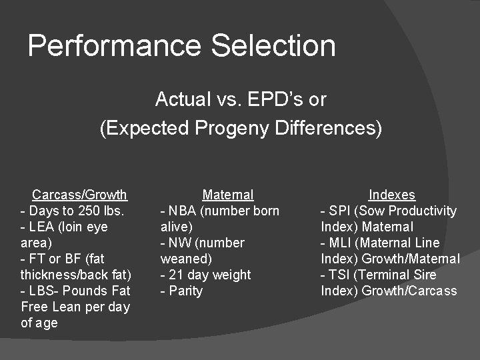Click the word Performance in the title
pos(115,46)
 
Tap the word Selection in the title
pos(273,46)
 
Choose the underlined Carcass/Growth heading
pos(79,195)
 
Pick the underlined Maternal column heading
pos(228,195)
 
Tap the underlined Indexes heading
pos(392,195)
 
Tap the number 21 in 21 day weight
pos(175,275)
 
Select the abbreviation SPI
pos(339,211)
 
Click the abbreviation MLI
pos(340,243)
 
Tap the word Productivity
pos(423,211)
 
